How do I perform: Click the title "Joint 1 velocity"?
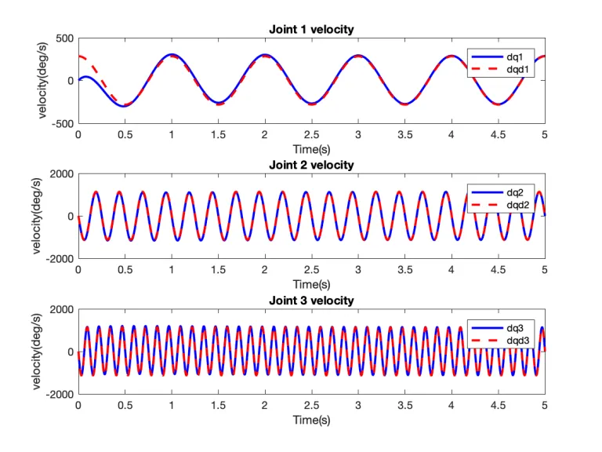311,30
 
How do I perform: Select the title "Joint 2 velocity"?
311,165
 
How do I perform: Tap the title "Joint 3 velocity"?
311,301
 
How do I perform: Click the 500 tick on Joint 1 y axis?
63,38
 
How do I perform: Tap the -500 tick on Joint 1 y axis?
62,123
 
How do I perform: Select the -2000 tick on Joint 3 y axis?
59,395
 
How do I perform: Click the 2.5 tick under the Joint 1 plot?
311,134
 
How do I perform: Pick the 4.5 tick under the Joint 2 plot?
498,269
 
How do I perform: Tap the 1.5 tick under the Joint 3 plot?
218,405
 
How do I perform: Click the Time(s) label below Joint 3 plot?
311,420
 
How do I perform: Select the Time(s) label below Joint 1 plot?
311,148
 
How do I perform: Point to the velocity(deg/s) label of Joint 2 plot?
38,216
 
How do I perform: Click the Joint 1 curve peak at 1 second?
172,55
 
